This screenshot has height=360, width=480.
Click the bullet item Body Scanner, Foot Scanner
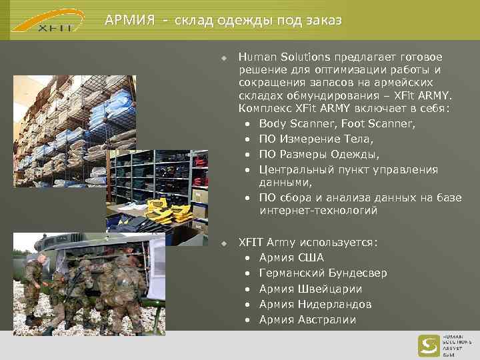pyautogui.click(x=337, y=123)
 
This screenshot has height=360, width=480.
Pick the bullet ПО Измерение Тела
pyautogui.click(x=316, y=139)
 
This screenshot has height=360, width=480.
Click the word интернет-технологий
pyautogui.click(x=319, y=211)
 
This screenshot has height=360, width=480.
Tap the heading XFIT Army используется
pyautogui.click(x=308, y=243)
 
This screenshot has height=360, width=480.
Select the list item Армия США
pyautogui.click(x=291, y=258)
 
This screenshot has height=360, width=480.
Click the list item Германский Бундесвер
pyautogui.click(x=323, y=273)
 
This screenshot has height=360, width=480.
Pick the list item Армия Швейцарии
pyautogui.click(x=311, y=289)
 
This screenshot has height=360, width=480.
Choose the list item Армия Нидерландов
pyautogui.click(x=316, y=304)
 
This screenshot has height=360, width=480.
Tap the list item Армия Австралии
pyautogui.click(x=307, y=319)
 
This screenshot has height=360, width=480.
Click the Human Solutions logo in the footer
pyautogui.click(x=444, y=345)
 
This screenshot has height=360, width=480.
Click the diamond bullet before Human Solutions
pyautogui.click(x=225, y=58)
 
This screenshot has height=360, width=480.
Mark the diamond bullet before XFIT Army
pyautogui.click(x=225, y=243)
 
